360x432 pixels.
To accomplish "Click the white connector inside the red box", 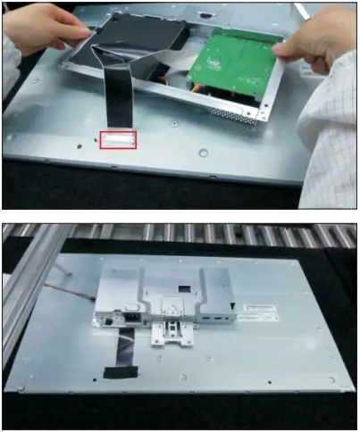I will pos(119,138).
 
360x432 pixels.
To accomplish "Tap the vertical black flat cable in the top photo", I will pos(117,98).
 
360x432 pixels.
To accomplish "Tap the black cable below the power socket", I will pos(127,344).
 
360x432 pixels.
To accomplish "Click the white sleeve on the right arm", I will pos(331,116).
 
